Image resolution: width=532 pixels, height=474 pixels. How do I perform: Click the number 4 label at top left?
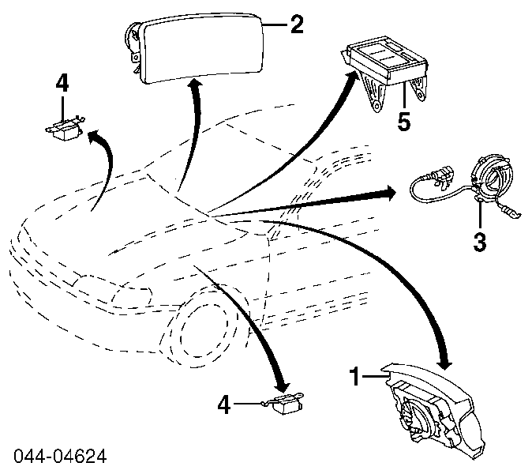[x=62, y=84]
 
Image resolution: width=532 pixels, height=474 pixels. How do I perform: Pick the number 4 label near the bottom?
[x=225, y=406]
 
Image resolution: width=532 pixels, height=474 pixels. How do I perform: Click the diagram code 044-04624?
[x=59, y=457]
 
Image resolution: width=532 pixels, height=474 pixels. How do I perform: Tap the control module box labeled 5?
[x=388, y=72]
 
